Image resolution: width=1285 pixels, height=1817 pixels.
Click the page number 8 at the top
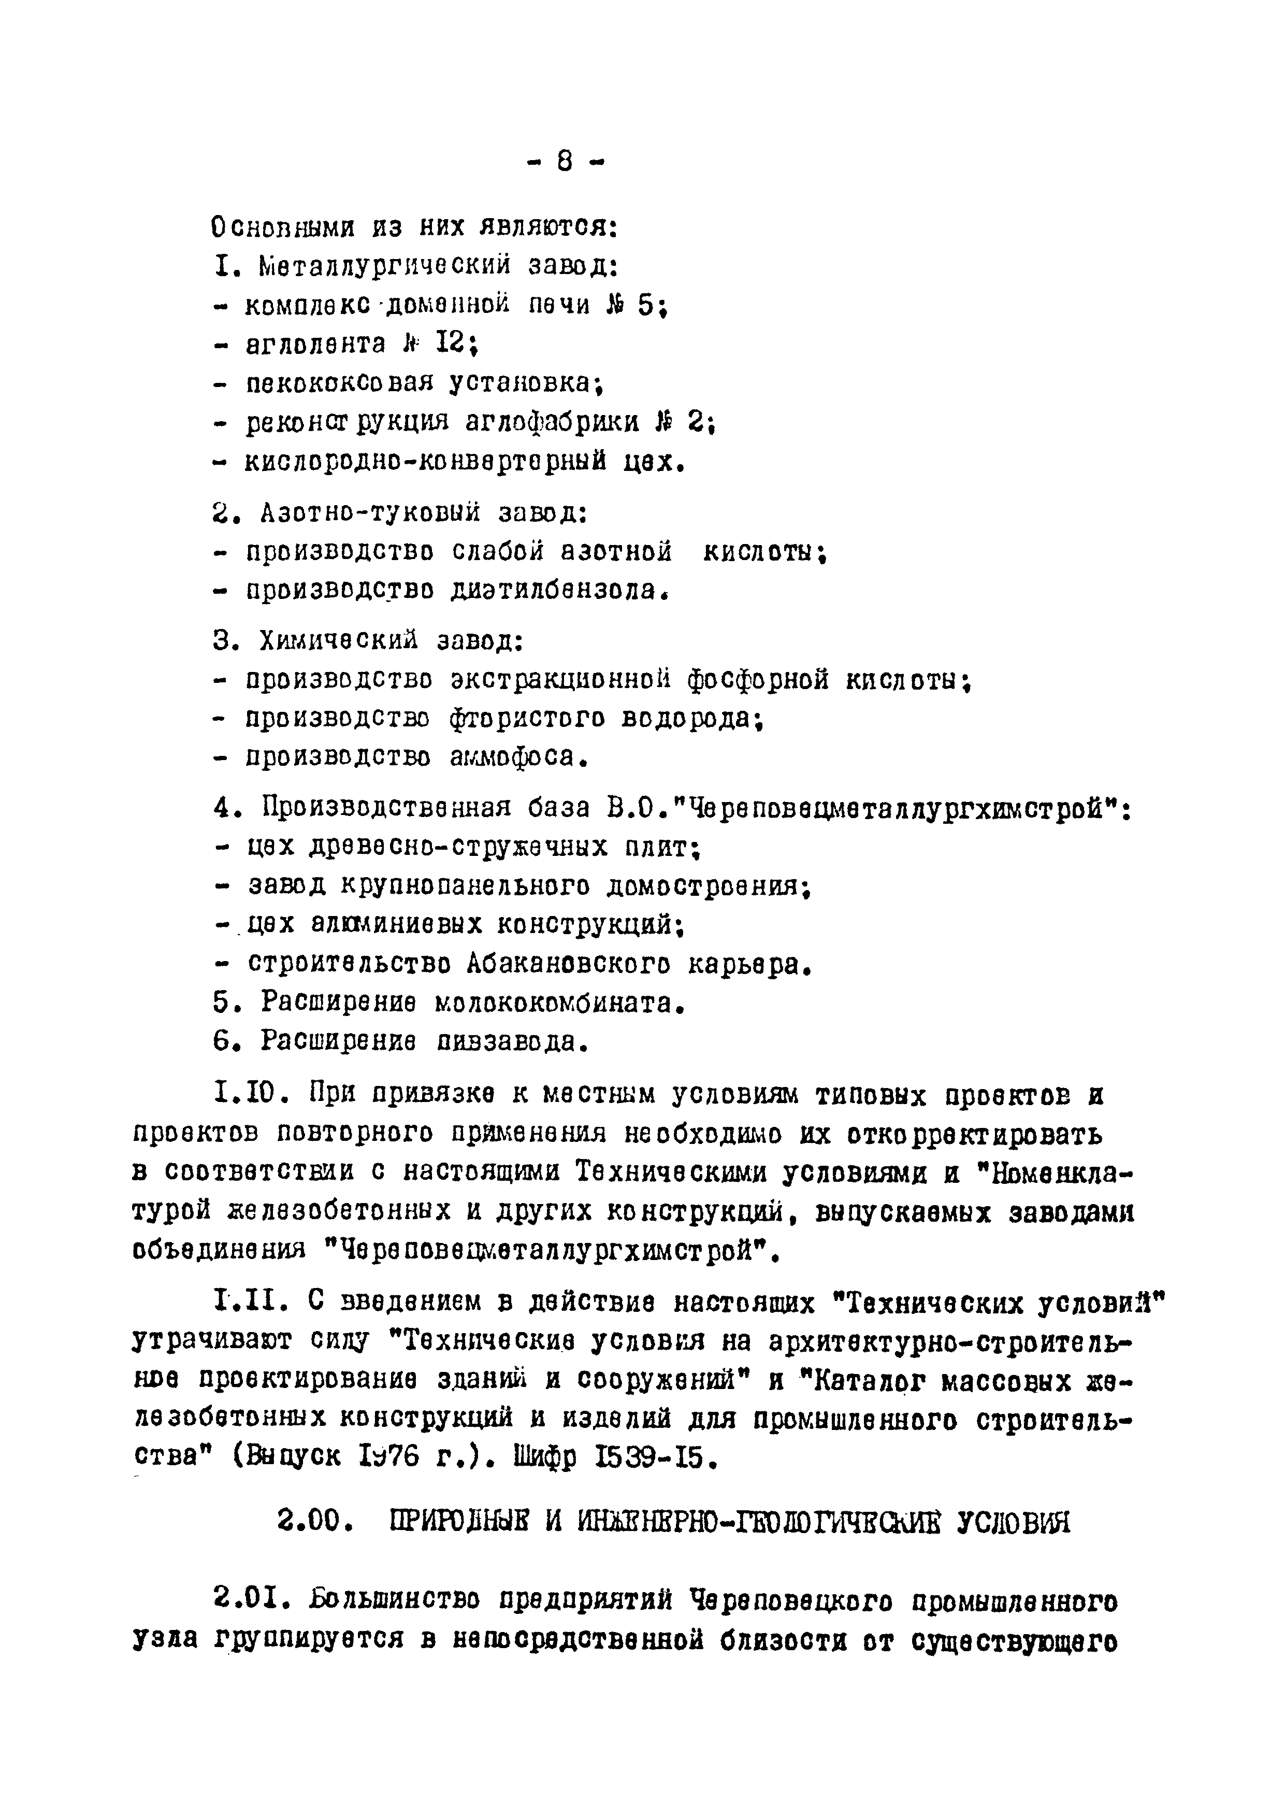click(x=564, y=162)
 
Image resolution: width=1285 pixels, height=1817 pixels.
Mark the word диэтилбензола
click(x=553, y=590)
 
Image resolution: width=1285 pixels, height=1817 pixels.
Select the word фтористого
click(x=526, y=719)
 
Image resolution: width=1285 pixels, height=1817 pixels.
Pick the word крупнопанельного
click(x=465, y=886)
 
